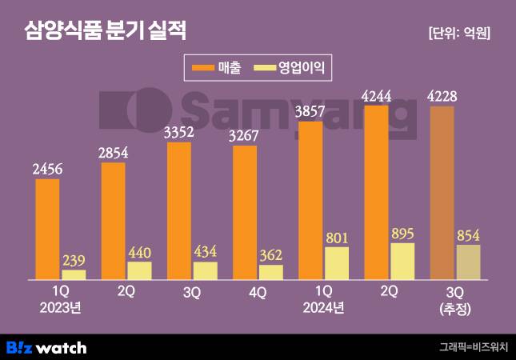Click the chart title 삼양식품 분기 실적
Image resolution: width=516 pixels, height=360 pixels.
click(105, 31)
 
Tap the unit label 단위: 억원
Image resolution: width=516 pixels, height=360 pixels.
click(458, 34)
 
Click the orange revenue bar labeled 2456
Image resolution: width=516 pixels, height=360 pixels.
click(48, 229)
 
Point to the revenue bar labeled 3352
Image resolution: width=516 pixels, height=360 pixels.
click(179, 210)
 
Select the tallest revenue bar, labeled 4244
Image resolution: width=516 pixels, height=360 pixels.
click(377, 192)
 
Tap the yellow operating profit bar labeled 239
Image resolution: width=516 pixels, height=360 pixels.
click(74, 274)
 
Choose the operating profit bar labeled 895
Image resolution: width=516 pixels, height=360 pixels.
click(402, 261)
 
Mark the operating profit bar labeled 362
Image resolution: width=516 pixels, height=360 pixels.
click(271, 272)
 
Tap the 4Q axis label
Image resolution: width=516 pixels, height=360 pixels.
click(258, 293)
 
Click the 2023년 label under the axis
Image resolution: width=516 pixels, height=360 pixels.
click(62, 307)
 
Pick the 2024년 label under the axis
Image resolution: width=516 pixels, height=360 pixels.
click(324, 307)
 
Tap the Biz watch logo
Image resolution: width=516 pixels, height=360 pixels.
click(46, 347)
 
